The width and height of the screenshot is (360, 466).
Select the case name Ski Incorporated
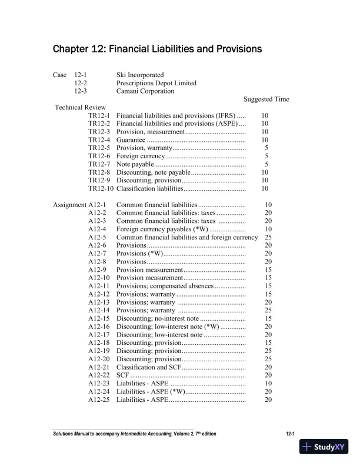tap(140, 75)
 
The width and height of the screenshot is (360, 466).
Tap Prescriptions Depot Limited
tap(156, 84)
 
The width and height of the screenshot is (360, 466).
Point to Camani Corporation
tap(145, 92)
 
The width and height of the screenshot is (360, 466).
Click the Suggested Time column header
tap(266, 100)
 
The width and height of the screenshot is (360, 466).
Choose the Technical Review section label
tap(80, 108)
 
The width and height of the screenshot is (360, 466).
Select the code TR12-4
tap(99, 141)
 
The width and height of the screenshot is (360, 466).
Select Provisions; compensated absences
tap(165, 286)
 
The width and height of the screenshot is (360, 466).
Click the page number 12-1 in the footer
tap(289, 434)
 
